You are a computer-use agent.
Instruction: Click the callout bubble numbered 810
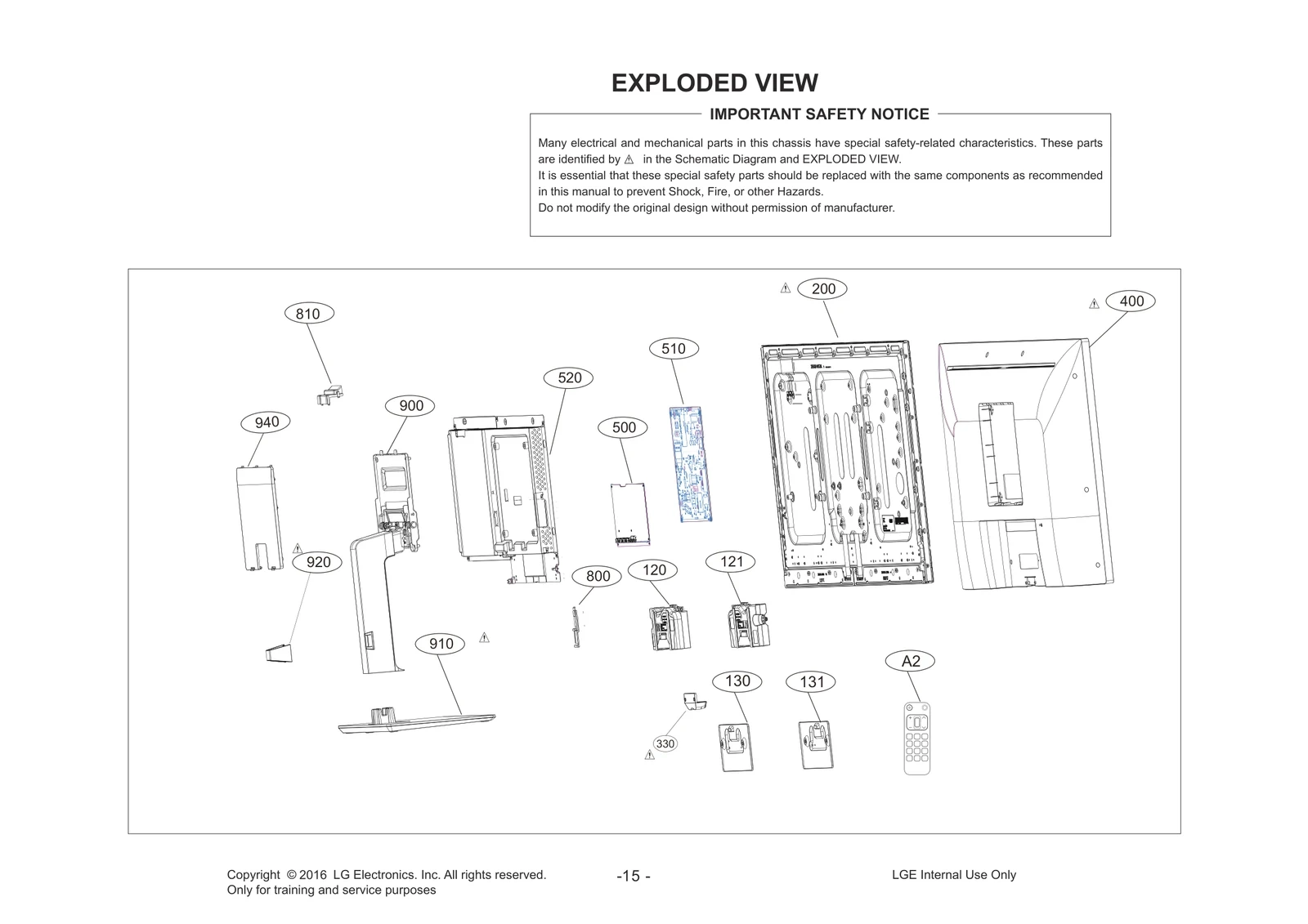pos(307,314)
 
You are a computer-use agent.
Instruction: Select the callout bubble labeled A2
pos(910,661)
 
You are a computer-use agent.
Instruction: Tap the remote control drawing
pos(916,739)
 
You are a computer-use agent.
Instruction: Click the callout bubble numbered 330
pos(665,743)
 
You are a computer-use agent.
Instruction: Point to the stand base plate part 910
pos(417,721)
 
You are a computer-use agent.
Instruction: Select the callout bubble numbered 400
pos(1131,301)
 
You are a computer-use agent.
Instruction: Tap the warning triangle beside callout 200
pos(785,288)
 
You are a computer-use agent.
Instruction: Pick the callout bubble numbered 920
pos(318,562)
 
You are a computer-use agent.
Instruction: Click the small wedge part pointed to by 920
pos(278,653)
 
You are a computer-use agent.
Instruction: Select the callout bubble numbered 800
pos(598,576)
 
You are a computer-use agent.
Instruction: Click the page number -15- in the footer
pos(634,877)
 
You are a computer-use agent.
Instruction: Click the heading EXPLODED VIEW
pos(714,83)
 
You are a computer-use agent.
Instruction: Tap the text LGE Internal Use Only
pos(953,875)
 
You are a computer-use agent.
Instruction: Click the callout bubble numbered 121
pos(732,561)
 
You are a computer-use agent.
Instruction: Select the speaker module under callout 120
pos(669,627)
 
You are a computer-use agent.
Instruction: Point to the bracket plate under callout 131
pos(815,743)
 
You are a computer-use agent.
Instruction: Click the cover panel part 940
pos(258,517)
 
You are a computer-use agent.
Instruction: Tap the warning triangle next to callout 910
pos(484,637)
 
